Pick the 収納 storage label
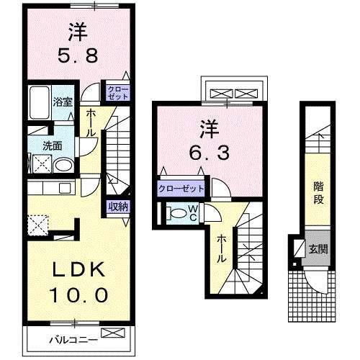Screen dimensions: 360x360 pyautogui.click(x=119, y=207)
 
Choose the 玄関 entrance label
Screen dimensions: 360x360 pyautogui.click(x=318, y=250)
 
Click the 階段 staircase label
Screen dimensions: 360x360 pyautogui.click(x=317, y=192)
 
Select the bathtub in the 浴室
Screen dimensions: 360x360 pyautogui.click(x=38, y=104)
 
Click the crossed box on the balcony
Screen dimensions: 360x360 pyautogui.click(x=114, y=333)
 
